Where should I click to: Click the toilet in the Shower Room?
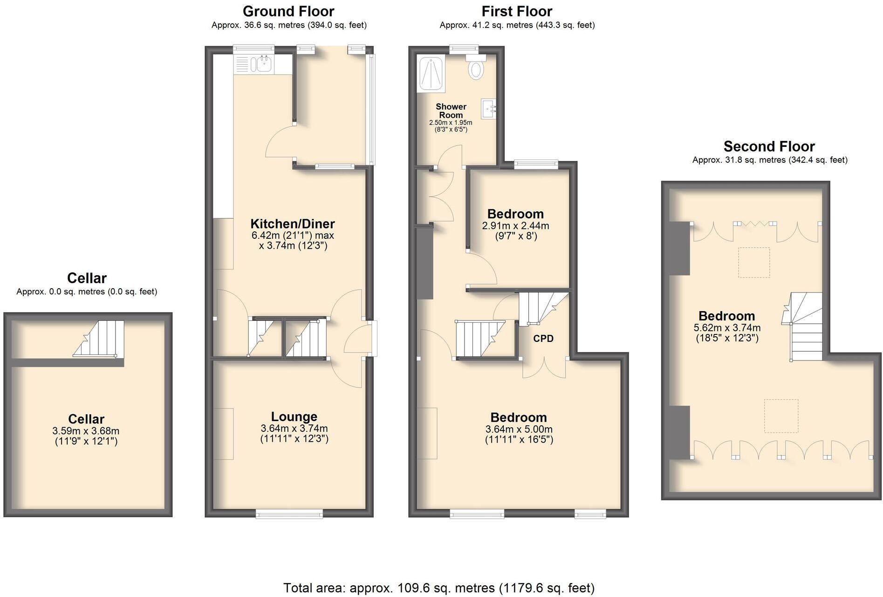[x=476, y=69]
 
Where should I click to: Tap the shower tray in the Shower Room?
[x=432, y=74]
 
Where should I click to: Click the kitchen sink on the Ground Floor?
[x=262, y=63]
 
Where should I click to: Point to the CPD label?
[x=543, y=339]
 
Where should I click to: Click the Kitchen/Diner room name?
[x=293, y=223]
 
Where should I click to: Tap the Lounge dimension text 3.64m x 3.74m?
[x=294, y=428]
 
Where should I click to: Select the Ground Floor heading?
[x=288, y=11]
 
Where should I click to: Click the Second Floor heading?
[x=769, y=146]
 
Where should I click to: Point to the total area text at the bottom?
[x=439, y=588]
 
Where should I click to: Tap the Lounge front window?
[x=289, y=514]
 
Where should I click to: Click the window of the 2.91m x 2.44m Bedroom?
[x=536, y=164]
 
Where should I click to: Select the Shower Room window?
[x=464, y=48]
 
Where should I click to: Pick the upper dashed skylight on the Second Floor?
[x=753, y=263]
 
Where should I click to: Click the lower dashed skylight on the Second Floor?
[x=781, y=416]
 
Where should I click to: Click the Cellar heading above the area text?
[x=87, y=278]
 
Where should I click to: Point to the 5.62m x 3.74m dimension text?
[x=727, y=328]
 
